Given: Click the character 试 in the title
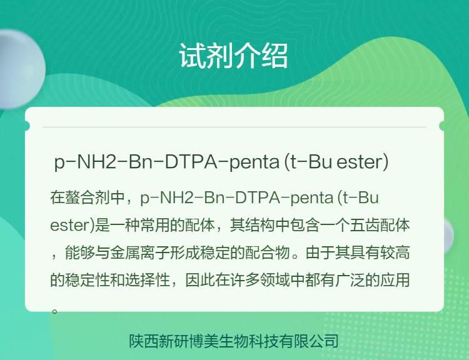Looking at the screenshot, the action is click(193, 56).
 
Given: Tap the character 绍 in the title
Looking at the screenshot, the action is click(275, 56).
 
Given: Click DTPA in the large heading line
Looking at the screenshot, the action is click(191, 162).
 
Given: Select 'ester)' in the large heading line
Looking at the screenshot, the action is click(362, 162).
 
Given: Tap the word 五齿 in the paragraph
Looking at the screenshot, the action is click(365, 225).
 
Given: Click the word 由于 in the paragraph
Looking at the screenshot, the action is click(320, 252).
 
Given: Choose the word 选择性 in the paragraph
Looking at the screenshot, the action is click(148, 280).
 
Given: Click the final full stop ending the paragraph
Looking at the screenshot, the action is click(54, 311).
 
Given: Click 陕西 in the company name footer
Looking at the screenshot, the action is click(144, 341).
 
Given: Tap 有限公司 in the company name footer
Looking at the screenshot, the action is click(308, 341).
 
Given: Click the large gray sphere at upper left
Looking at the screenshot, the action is click(21, 69).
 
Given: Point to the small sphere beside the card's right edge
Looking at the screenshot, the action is click(448, 236).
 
